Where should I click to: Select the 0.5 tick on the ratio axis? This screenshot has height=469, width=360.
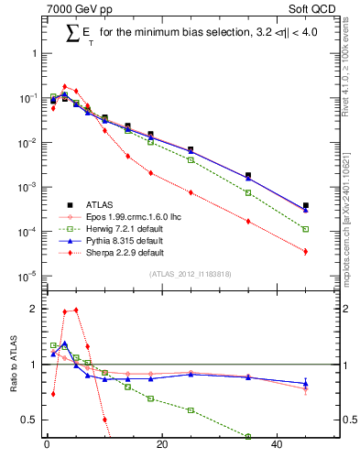(x=29, y=420)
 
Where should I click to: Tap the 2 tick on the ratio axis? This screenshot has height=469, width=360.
(x=33, y=309)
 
